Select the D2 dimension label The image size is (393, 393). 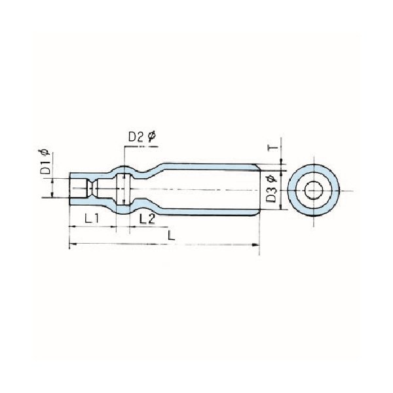(136, 137)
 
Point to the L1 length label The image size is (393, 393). (91, 219)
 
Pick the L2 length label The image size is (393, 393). (147, 219)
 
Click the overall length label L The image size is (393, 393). (172, 235)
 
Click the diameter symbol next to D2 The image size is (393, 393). (151, 136)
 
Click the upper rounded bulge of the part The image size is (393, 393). (125, 168)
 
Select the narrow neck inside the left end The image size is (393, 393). (92, 189)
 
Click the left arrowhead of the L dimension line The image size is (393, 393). (71, 245)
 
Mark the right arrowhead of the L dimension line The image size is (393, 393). (257, 245)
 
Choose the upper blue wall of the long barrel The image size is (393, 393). (210, 167)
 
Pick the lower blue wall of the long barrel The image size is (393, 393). (210, 211)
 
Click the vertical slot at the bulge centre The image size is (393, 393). (122, 189)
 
